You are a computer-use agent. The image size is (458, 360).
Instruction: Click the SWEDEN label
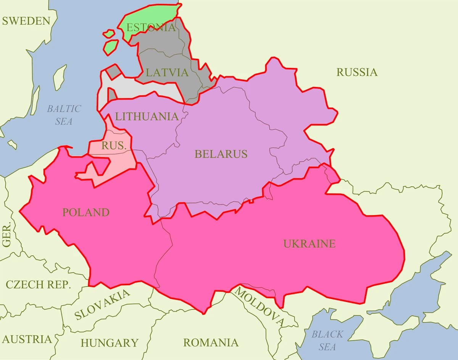(x=26, y=21)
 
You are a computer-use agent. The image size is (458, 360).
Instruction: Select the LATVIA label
(x=167, y=72)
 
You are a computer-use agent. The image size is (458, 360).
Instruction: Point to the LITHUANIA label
(x=147, y=116)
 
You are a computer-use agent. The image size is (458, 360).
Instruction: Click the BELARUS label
(x=221, y=154)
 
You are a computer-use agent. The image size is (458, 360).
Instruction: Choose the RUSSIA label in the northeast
(x=357, y=72)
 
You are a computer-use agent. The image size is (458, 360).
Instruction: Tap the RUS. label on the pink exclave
(x=114, y=145)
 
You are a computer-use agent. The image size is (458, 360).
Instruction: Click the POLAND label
(x=86, y=212)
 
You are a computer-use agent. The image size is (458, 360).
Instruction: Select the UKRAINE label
(x=309, y=243)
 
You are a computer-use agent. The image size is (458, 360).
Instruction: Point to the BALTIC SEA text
(x=64, y=115)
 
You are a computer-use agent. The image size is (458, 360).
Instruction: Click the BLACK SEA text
(x=327, y=340)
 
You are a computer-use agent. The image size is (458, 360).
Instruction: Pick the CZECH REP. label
(x=38, y=284)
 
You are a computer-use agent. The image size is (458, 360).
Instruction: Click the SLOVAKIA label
(x=102, y=304)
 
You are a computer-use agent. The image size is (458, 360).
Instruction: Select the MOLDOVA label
(x=260, y=307)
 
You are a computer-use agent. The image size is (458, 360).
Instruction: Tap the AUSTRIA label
(x=27, y=339)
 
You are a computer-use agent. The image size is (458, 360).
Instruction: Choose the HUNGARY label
(x=109, y=342)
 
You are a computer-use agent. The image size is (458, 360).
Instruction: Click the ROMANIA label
(x=211, y=342)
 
